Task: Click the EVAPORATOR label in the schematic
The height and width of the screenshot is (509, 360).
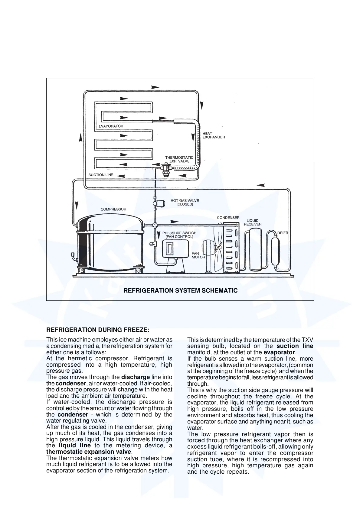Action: pyautogui.click(x=111, y=126)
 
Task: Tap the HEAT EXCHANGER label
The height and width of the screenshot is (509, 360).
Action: pyautogui.click(x=214, y=135)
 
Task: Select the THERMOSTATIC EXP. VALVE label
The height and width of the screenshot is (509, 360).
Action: pyautogui.click(x=179, y=159)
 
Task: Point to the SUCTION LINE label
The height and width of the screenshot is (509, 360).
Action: pyautogui.click(x=101, y=175)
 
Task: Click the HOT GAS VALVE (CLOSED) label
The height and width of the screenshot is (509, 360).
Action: pyautogui.click(x=185, y=202)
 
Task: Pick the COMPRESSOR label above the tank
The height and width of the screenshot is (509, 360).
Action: pyautogui.click(x=113, y=209)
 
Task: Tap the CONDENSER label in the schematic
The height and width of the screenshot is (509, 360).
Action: pyautogui.click(x=228, y=218)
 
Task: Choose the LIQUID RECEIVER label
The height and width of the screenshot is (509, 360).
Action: pyautogui.click(x=253, y=222)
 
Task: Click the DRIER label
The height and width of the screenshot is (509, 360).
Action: pyautogui.click(x=283, y=233)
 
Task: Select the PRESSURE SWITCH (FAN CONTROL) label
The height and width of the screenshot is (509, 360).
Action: pyautogui.click(x=179, y=235)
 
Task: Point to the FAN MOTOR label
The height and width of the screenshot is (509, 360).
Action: pyautogui.click(x=198, y=255)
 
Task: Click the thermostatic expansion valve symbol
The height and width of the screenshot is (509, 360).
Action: pyautogui.click(x=165, y=169)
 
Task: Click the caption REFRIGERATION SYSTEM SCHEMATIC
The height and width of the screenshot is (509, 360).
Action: pyautogui.click(x=181, y=291)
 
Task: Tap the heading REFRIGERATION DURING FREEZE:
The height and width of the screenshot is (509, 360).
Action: pyautogui.click(x=98, y=329)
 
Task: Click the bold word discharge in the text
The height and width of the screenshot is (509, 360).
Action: pyautogui.click(x=136, y=377)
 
